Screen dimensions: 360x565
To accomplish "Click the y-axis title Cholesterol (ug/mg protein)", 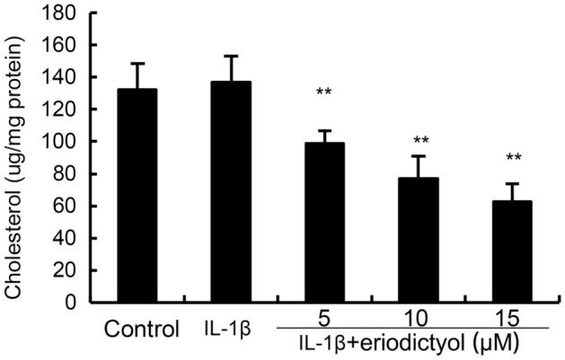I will click(15, 157).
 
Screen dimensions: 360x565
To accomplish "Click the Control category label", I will click(139, 329).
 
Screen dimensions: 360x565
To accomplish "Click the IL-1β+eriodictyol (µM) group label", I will click(419, 342).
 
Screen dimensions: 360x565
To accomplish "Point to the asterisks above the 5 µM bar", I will click(324, 92).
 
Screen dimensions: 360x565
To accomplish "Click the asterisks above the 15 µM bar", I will click(515, 159).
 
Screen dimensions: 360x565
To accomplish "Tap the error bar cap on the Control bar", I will click(133, 63).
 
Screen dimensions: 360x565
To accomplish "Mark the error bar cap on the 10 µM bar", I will click(419, 156).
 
